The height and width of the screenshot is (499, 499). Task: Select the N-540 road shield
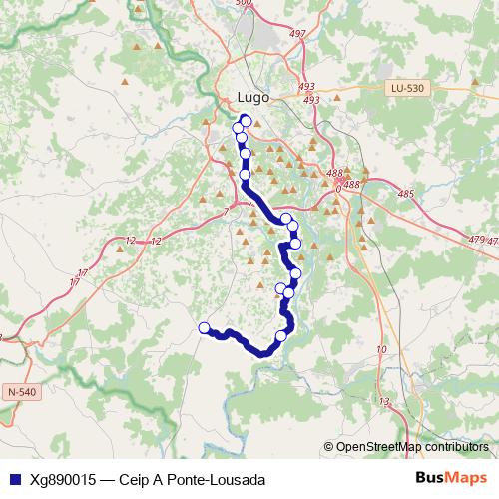point(21,392)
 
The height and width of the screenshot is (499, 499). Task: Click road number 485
point(405,193)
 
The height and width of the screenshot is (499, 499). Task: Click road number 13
point(384,402)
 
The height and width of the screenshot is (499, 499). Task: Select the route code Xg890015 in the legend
point(64,479)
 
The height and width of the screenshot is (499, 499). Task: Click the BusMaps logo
point(452,478)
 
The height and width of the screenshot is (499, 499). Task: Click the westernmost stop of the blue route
point(205,328)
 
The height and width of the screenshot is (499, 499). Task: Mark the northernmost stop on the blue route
point(246,121)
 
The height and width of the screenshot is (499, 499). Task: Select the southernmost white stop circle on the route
point(281,336)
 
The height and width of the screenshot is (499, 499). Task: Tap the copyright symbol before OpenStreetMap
point(329,447)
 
